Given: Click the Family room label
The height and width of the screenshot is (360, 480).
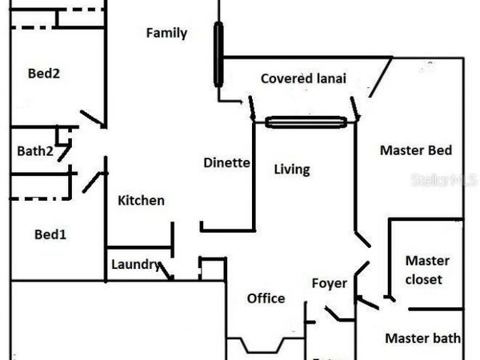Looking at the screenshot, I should [x=166, y=33].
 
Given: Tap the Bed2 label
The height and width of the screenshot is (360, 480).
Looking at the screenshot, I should [x=44, y=74].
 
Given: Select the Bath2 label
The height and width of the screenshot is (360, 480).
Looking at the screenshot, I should [x=34, y=150].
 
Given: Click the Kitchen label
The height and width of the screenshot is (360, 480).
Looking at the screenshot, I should [x=141, y=200].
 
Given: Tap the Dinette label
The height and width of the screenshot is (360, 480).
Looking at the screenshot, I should [x=226, y=162].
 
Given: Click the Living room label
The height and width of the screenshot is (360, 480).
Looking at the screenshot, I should [x=291, y=170].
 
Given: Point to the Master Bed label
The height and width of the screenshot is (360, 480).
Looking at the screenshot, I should [x=415, y=150].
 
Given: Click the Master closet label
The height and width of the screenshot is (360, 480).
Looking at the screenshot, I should [x=427, y=270].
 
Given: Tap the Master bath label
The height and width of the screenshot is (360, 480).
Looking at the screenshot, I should [x=422, y=338].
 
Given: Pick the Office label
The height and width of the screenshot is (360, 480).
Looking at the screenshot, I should [x=266, y=298].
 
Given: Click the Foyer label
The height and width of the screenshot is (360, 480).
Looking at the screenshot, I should [x=329, y=283].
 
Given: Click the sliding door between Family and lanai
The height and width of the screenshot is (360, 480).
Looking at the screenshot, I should [x=218, y=54].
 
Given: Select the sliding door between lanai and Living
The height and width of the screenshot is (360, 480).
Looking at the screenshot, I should [x=306, y=122].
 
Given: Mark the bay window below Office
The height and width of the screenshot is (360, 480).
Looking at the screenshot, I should [x=264, y=346].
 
